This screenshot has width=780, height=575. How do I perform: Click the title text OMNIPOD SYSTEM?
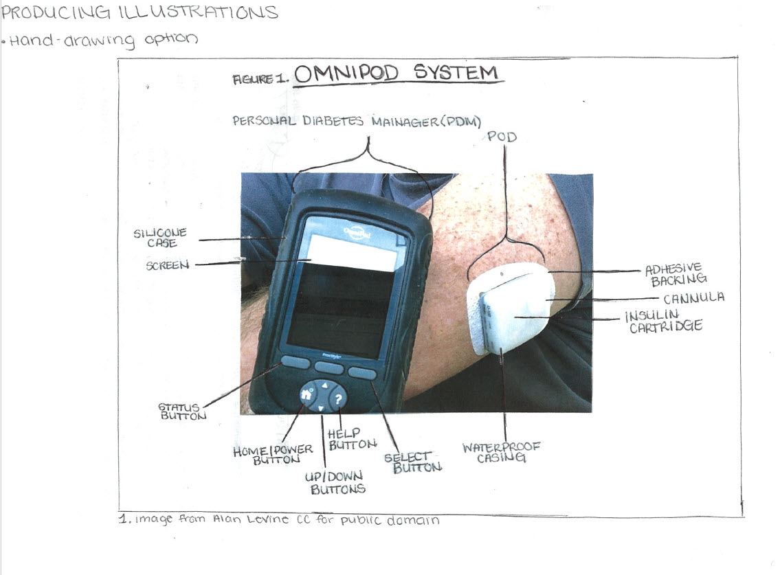click(396, 74)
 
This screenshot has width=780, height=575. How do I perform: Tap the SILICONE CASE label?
click(160, 238)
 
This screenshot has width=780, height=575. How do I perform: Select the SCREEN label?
click(168, 265)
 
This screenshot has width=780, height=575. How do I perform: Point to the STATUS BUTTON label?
click(182, 411)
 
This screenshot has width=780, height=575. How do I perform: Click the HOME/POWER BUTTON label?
click(273, 455)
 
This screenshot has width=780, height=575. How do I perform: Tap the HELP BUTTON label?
click(352, 439)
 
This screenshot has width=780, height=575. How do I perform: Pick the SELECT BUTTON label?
click(413, 462)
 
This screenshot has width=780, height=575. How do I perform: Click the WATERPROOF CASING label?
click(501, 452)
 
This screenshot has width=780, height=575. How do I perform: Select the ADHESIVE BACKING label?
click(676, 275)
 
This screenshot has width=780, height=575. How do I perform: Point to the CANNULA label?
click(694, 298)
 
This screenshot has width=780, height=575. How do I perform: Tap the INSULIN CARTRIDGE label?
click(664, 322)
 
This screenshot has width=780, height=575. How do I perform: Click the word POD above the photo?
click(502, 137)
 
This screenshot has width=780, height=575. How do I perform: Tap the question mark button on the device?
click(337, 398)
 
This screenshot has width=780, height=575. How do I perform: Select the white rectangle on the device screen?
click(354, 253)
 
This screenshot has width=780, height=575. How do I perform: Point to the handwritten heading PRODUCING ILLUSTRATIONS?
click(140, 12)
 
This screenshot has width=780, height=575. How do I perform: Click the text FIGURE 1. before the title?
click(260, 79)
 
